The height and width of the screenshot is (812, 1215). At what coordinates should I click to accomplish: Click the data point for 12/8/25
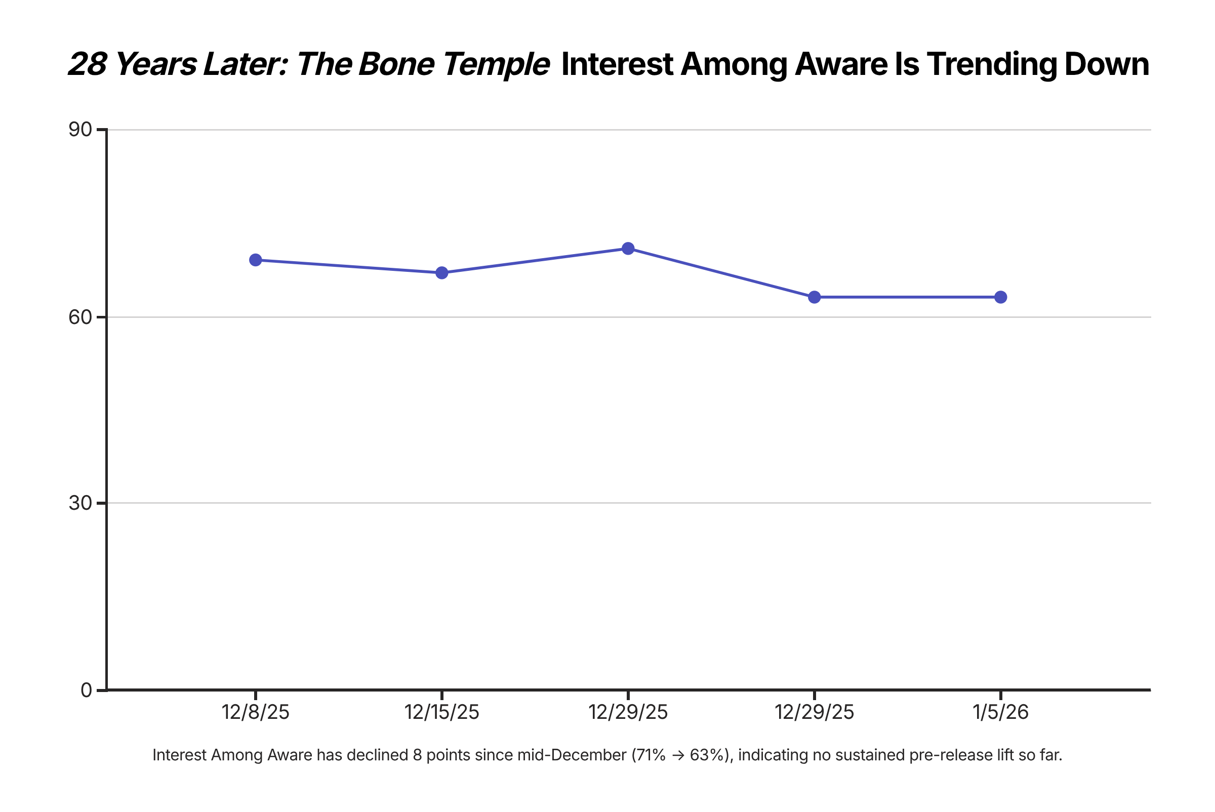255,260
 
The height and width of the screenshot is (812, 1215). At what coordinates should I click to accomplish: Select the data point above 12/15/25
442,273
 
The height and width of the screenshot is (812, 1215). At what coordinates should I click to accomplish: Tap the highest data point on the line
628,249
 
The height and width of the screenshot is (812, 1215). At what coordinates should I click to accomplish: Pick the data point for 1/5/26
1000,297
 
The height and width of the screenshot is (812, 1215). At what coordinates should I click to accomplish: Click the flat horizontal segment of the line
907,297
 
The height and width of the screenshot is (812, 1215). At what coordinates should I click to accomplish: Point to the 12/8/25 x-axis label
255,713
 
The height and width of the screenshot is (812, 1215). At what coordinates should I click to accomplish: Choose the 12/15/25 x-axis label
442,713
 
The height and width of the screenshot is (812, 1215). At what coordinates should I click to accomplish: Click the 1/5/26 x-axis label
1000,713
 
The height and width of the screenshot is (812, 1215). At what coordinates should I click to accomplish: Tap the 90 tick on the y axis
80,130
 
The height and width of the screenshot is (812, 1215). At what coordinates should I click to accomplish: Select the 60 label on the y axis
80,317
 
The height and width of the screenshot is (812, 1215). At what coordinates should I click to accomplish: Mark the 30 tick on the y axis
80,503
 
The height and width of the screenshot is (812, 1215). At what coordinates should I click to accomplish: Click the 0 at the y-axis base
86,691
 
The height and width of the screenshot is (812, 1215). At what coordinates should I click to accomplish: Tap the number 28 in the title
88,64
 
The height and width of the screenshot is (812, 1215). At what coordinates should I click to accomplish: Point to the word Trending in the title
991,64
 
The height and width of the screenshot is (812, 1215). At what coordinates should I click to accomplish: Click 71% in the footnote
651,755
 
